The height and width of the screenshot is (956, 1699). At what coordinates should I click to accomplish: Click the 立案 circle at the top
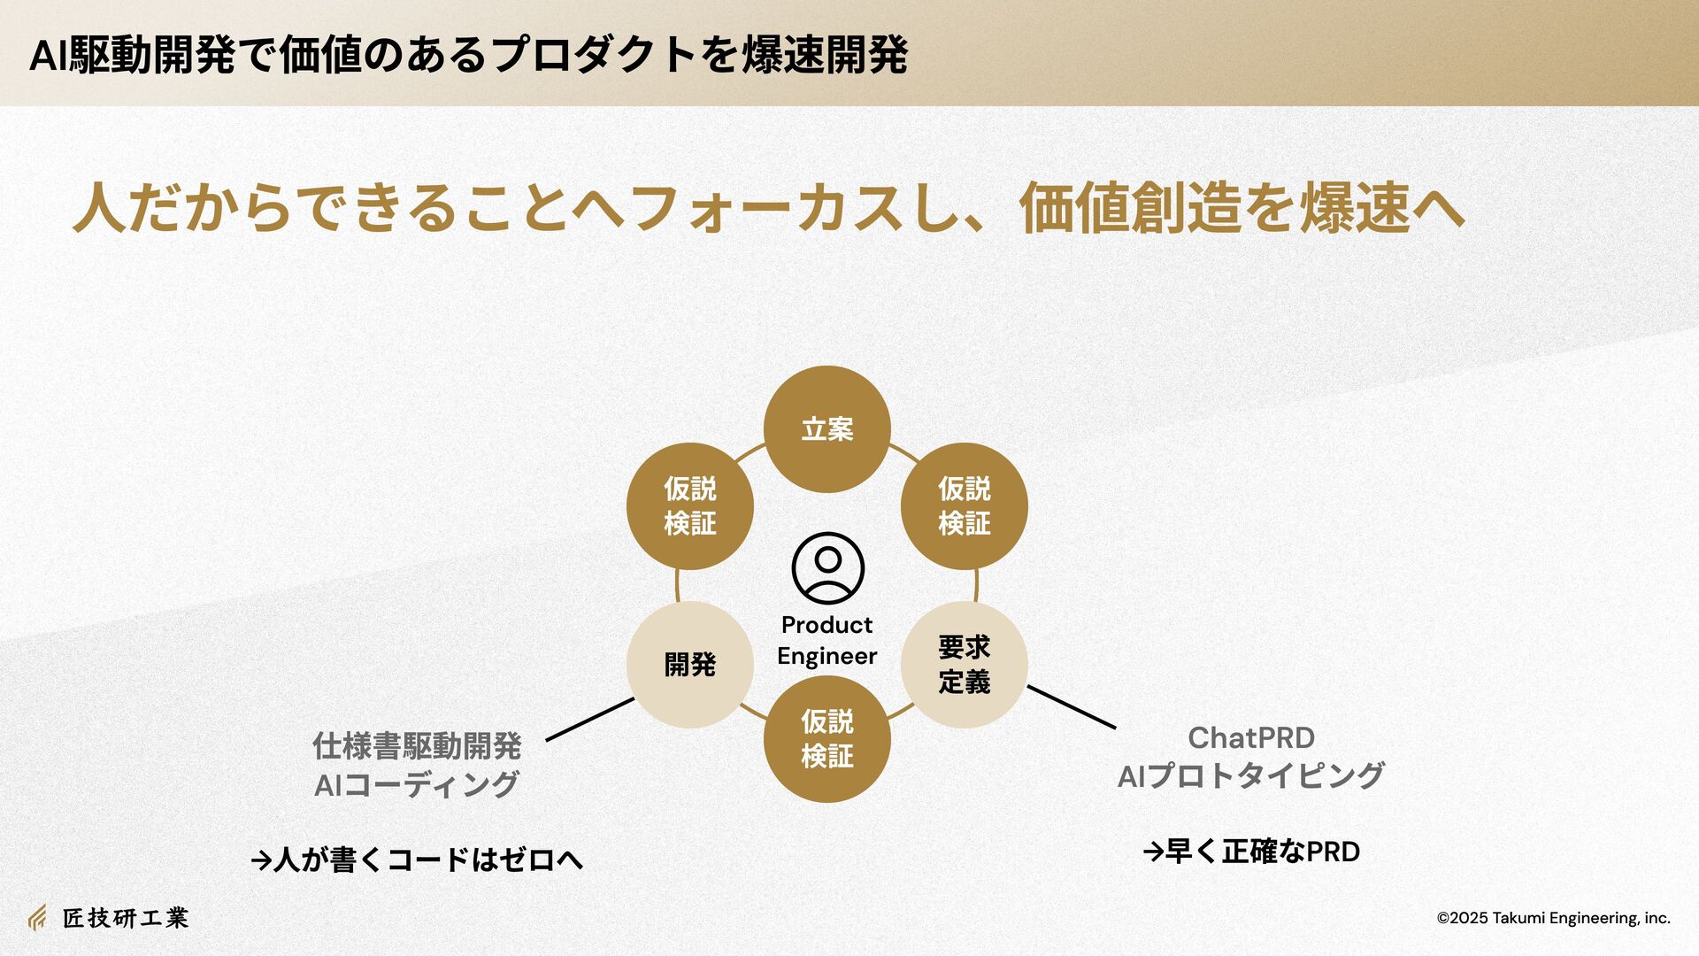[826, 429]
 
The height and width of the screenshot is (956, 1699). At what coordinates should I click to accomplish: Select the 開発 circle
[689, 665]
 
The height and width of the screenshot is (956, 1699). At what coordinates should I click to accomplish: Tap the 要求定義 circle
[964, 665]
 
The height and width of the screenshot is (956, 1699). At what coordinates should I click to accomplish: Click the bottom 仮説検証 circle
[826, 739]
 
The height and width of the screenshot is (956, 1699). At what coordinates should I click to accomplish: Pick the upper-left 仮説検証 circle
[689, 506]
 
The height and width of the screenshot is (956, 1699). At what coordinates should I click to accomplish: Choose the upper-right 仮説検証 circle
[964, 506]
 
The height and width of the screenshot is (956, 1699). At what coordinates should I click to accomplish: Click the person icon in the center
[827, 567]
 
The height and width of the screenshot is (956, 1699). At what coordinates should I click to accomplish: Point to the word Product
[826, 625]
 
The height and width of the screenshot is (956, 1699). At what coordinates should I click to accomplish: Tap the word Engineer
[826, 656]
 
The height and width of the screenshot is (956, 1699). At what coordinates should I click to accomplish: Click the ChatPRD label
[1250, 737]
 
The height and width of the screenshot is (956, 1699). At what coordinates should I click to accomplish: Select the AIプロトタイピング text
[1250, 776]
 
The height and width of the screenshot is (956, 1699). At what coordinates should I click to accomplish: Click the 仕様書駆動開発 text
[417, 746]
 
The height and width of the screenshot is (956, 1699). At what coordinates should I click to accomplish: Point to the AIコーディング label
[417, 784]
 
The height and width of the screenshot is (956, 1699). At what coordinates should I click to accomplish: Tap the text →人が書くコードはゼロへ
[417, 860]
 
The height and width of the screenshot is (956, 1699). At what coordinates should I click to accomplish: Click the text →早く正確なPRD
[1251, 852]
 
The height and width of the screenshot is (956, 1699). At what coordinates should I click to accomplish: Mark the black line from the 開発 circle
[589, 720]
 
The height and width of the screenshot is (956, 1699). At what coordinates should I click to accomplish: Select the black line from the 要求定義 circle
[1072, 707]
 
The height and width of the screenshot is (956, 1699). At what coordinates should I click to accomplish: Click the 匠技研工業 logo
[108, 918]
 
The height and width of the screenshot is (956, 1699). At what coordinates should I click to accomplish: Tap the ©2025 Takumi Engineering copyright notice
[1553, 918]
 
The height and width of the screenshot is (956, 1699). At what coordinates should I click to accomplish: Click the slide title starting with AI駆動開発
[468, 55]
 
